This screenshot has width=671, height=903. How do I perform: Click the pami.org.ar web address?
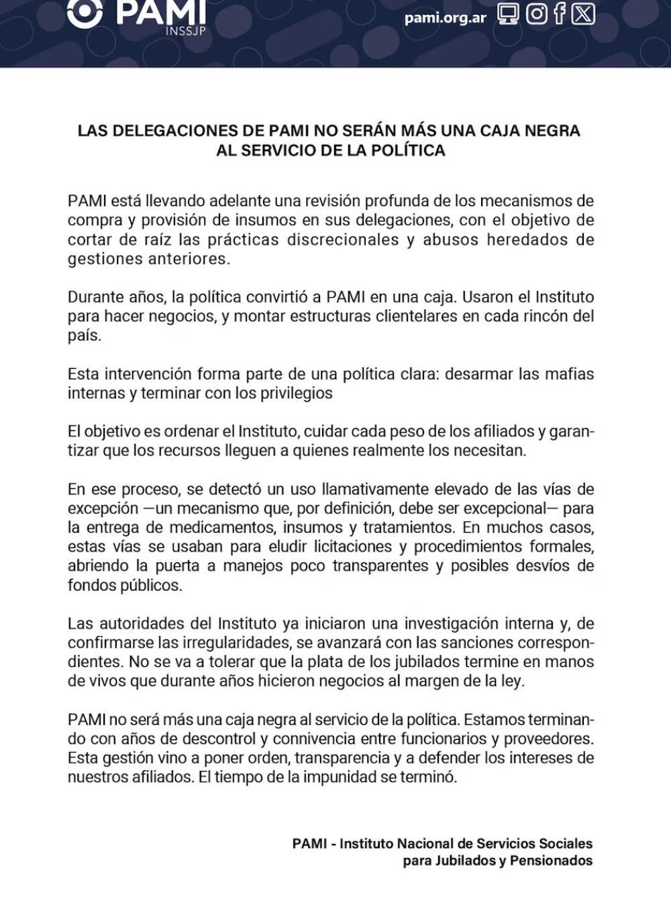pyautogui.click(x=445, y=17)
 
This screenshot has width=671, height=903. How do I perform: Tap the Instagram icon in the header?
pyautogui.click(x=536, y=14)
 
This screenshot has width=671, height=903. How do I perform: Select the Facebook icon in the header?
pyautogui.click(x=560, y=14)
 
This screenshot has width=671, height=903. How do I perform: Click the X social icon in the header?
pyautogui.click(x=583, y=14)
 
